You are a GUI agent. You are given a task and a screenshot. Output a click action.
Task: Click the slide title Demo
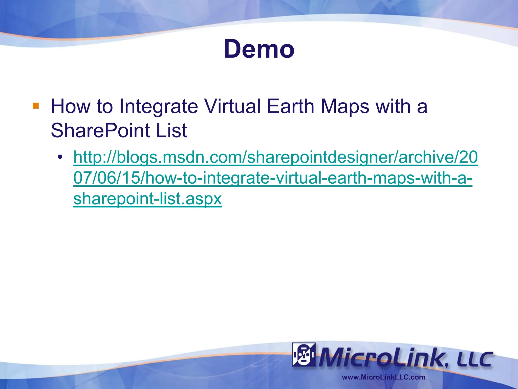pyautogui.click(x=259, y=49)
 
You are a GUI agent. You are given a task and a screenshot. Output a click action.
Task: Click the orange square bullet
pyautogui.click(x=36, y=106)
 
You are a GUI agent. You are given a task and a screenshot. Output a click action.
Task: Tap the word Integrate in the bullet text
pyautogui.click(x=158, y=106)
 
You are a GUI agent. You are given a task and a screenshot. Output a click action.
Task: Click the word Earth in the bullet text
pyautogui.click(x=290, y=106)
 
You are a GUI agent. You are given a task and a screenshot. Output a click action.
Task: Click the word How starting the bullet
pyautogui.click(x=70, y=106)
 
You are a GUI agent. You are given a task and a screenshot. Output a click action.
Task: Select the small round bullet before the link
pyautogui.click(x=60, y=157)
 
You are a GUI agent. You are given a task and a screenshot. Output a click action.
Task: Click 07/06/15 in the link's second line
pyautogui.click(x=106, y=178)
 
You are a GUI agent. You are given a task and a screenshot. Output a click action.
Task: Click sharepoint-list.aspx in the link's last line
pyautogui.click(x=147, y=199)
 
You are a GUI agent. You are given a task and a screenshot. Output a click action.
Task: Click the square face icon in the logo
pyautogui.click(x=304, y=354)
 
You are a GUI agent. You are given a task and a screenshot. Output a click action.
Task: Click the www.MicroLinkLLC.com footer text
pyautogui.click(x=383, y=377)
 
